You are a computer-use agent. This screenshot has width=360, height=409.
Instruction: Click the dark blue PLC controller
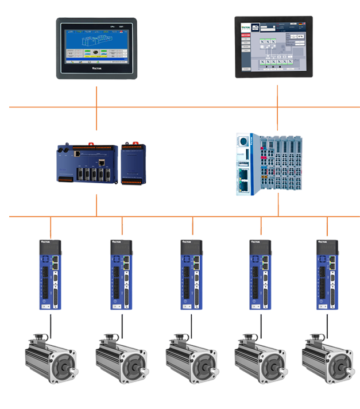[101, 164]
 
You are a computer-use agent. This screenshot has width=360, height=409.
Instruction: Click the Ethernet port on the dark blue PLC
[101, 161]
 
